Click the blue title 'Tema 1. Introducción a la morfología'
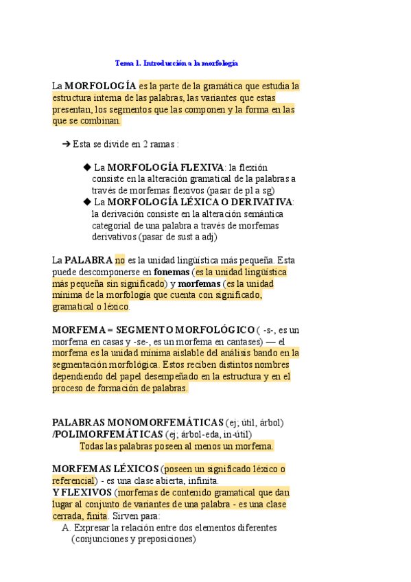[176, 63]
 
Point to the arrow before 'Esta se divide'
[67, 144]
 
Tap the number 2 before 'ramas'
[145, 144]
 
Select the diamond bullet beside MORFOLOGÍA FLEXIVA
[86, 167]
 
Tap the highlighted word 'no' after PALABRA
[120, 261]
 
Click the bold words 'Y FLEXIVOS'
[81, 493]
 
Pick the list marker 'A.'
[66, 528]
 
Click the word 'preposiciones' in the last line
[163, 539]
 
